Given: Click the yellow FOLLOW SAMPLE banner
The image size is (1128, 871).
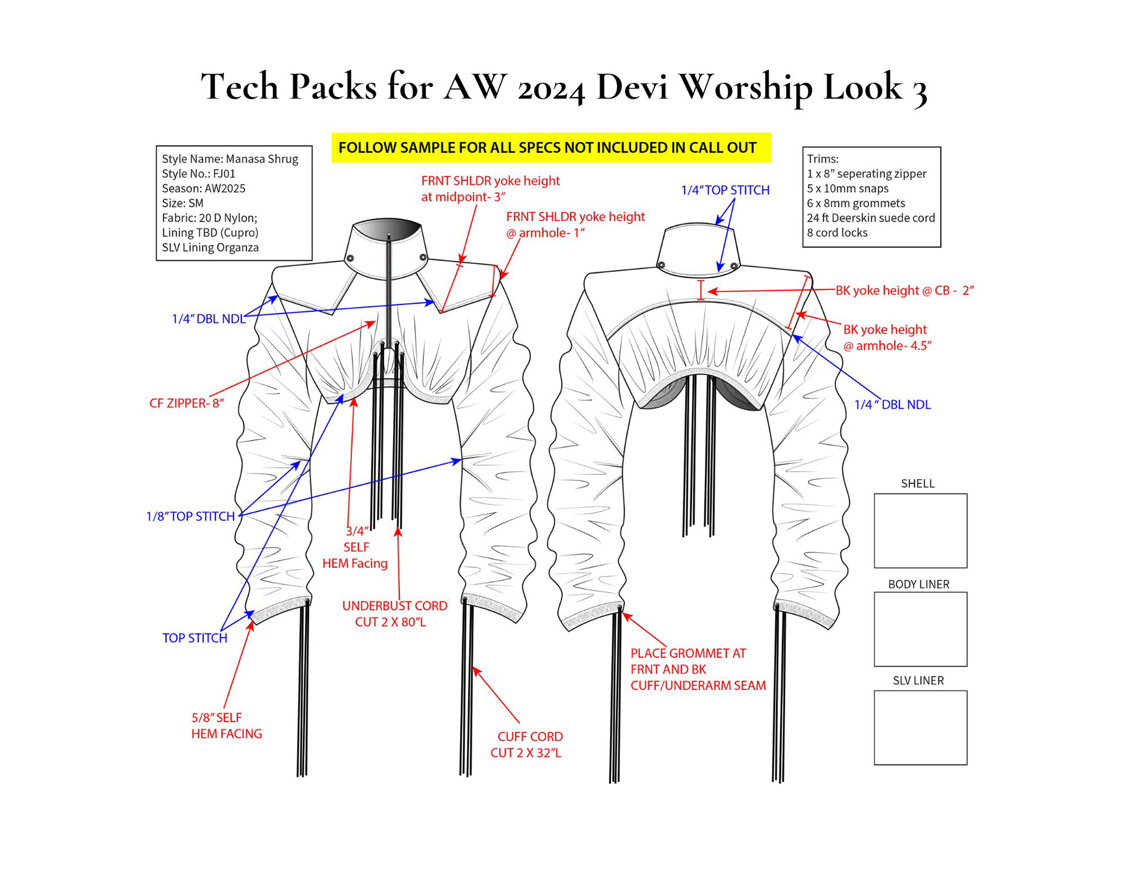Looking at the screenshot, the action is tap(550, 147).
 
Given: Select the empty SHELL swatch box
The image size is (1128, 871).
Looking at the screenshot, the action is tap(920, 530).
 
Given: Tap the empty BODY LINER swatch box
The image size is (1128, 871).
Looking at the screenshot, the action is tap(920, 629).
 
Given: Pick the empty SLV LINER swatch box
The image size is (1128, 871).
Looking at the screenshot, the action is tap(920, 727).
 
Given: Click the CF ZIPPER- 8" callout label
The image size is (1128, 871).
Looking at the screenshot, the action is tap(186, 403).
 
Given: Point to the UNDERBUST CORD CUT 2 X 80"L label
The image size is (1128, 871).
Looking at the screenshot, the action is tap(394, 614).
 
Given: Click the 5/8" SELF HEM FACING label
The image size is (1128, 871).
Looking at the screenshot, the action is tap(226, 725).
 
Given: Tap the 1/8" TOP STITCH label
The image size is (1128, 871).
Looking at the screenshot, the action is tap(190, 516).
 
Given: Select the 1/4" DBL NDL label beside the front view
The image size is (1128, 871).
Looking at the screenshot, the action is tap(209, 319).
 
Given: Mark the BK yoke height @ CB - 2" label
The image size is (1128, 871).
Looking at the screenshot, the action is tap(905, 290).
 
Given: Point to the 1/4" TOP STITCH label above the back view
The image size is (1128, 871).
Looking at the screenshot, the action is tap(725, 190).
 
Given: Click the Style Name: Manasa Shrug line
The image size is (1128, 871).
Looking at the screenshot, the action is tap(230, 159).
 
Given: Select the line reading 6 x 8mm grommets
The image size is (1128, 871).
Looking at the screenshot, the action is tap(855, 203).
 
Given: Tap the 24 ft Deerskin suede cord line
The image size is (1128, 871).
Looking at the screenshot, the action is tap(870, 218).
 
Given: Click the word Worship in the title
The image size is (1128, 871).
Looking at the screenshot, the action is tap(746, 87).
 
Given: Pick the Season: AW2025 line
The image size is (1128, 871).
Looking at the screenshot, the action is tap(203, 189).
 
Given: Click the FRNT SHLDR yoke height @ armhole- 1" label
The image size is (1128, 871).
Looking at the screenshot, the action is tap(575, 224).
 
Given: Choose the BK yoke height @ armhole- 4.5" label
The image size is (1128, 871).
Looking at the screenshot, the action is tap(887, 338).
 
